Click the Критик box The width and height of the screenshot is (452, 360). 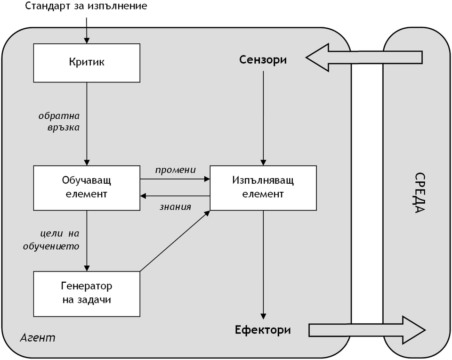[x=87, y=63]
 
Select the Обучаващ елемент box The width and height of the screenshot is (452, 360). [x=87, y=187]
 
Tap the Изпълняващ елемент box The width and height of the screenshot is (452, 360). [x=263, y=187]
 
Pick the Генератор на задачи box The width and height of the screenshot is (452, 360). [x=87, y=293]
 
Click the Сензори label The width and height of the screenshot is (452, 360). [x=263, y=60]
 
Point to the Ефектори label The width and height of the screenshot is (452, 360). [x=263, y=330]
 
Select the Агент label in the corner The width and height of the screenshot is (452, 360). [x=38, y=337]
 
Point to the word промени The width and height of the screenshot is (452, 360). [x=175, y=170]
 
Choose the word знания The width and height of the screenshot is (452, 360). [x=175, y=206]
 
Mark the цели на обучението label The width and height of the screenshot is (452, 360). [x=57, y=239]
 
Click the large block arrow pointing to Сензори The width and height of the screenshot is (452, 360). [x=363, y=57]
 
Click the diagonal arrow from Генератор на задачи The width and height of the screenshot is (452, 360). [x=174, y=241]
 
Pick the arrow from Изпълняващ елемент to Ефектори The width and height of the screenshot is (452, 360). [x=263, y=264]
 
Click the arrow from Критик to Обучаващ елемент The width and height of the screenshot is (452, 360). [x=87, y=141]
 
